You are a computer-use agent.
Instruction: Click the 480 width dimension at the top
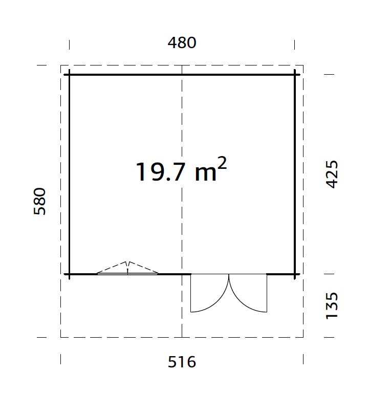click(182, 42)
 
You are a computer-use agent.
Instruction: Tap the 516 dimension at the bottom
click(182, 362)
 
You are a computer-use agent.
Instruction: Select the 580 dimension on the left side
click(40, 201)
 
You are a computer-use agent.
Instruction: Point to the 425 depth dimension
click(332, 174)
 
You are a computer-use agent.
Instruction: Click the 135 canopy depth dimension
click(332, 305)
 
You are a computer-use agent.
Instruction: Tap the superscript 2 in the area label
click(222, 163)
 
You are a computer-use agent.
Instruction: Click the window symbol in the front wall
click(127, 273)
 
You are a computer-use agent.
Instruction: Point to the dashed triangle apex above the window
click(128, 262)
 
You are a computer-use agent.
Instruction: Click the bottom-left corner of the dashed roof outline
click(61, 337)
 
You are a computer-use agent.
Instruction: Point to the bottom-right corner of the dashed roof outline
click(303, 337)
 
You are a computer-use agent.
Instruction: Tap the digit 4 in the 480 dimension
click(172, 42)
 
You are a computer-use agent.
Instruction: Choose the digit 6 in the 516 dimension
click(191, 362)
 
